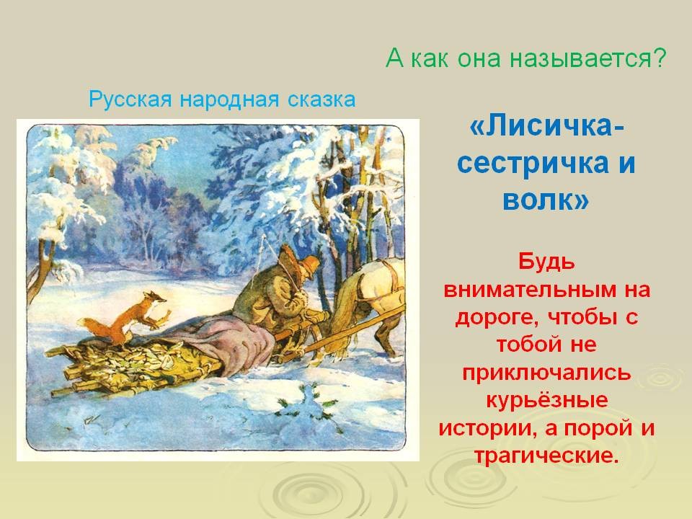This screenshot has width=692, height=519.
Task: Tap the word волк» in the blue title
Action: (546, 200)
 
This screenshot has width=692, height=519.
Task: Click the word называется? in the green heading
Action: (587, 58)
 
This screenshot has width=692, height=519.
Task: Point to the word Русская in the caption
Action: (130, 99)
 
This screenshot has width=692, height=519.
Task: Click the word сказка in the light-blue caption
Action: (321, 99)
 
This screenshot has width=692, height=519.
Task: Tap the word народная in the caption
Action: (229, 99)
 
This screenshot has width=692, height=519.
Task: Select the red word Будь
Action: (546, 262)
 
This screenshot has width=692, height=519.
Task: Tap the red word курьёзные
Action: (547, 400)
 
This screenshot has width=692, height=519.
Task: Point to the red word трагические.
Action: (545, 456)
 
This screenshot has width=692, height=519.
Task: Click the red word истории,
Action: (487, 428)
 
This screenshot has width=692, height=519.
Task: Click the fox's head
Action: (156, 298)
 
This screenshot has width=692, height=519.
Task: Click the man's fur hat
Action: (309, 265)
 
